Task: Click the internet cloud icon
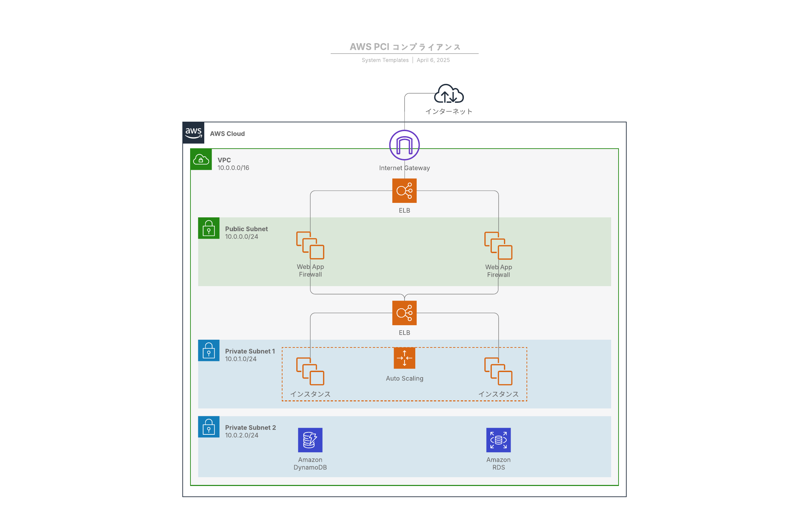[x=448, y=94]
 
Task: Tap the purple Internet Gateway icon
[x=404, y=145]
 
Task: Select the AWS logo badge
[x=193, y=133]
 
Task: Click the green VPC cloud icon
[x=201, y=159]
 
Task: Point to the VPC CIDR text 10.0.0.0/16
[x=233, y=168]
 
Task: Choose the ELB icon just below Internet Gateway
[x=404, y=191]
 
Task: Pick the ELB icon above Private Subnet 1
[x=404, y=313]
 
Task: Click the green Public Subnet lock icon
[x=209, y=228]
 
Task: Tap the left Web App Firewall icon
[x=310, y=245]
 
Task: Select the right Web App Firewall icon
[x=498, y=246]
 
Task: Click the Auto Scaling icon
[x=404, y=358]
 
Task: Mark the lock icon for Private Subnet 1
[x=209, y=350]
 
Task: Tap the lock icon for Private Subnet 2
[x=209, y=427]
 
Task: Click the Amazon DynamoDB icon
[x=310, y=440]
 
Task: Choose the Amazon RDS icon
[x=498, y=440]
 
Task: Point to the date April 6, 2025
[x=433, y=60]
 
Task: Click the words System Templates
[x=385, y=60]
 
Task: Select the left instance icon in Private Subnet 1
[x=310, y=371]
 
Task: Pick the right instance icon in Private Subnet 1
[x=498, y=371]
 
